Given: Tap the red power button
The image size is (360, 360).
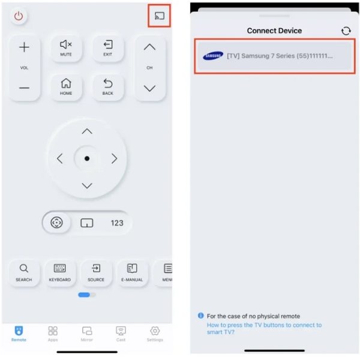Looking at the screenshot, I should pyautogui.click(x=19, y=16).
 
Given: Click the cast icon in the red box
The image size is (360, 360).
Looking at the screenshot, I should pyautogui.click(x=159, y=16).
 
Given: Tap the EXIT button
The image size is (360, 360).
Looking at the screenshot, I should pyautogui.click(x=107, y=48).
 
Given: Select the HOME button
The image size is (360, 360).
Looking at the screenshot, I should pyautogui.click(x=66, y=87).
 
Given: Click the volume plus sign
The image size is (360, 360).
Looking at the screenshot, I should pyautogui.click(x=24, y=47).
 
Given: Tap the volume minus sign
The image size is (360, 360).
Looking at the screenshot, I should pyautogui.click(x=24, y=88).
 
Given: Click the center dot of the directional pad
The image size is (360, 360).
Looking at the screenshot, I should pyautogui.click(x=87, y=159).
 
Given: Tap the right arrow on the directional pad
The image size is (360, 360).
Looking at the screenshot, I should pyautogui.click(x=114, y=159).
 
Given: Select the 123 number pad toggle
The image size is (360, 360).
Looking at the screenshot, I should pyautogui.click(x=117, y=223).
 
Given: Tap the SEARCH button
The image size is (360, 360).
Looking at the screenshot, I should pyautogui.click(x=24, y=272).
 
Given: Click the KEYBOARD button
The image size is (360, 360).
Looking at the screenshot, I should pyautogui.click(x=60, y=272).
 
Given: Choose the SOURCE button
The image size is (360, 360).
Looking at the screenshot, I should pyautogui.click(x=96, y=272).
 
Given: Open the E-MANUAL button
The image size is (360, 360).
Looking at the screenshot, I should pyautogui.click(x=132, y=272).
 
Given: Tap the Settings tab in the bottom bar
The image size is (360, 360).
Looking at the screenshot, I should pyautogui.click(x=155, y=334).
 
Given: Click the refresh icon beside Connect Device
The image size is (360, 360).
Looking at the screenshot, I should pyautogui.click(x=346, y=31).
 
